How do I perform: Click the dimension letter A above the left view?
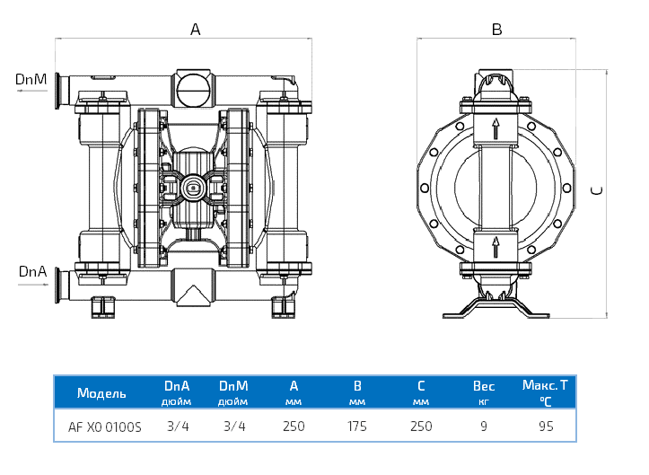[196, 29]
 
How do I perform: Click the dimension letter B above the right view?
[496, 29]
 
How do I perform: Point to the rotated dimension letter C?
[595, 190]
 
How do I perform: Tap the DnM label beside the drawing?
[31, 80]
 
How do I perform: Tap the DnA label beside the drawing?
[31, 271]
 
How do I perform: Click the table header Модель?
[101, 393]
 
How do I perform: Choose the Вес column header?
[484, 387]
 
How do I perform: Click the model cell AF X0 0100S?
[105, 427]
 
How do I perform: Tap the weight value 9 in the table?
[484, 427]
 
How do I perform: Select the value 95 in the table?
[546, 427]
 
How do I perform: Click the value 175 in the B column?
[356, 427]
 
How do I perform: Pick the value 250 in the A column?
[294, 427]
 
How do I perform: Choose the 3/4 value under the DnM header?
[233, 427]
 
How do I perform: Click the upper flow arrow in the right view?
[495, 127]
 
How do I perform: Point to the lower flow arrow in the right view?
[495, 247]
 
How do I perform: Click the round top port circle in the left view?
[194, 89]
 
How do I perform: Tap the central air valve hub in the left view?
[191, 187]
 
